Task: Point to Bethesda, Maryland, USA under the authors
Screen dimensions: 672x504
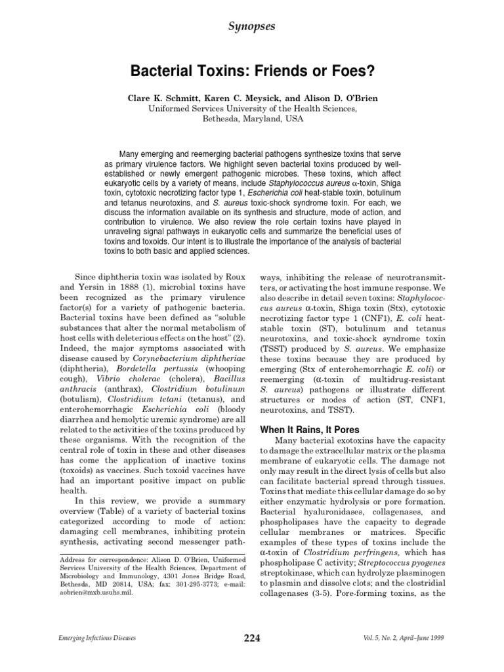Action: point(252,119)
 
